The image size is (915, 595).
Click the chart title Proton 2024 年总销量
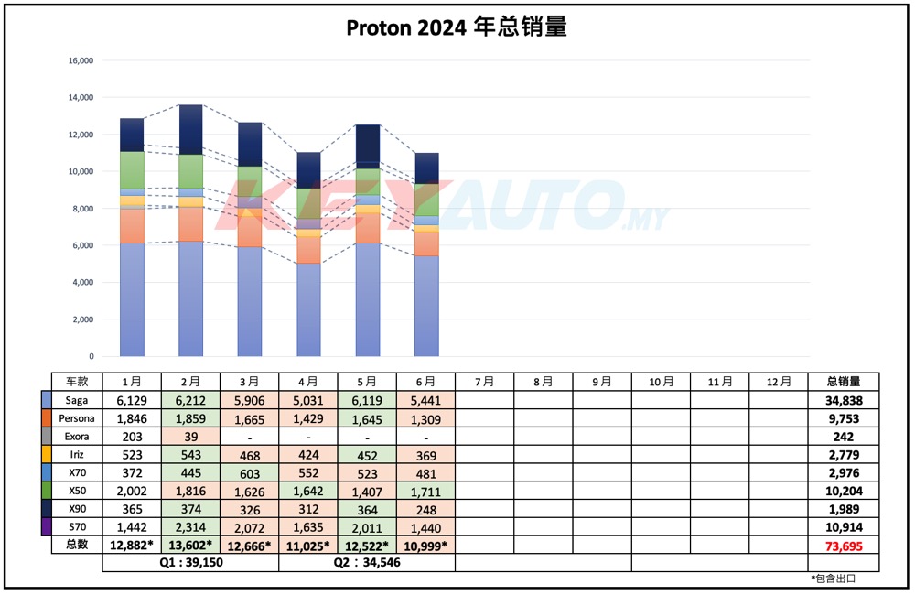coord(457,27)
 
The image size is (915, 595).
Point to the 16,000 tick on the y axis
coord(81,60)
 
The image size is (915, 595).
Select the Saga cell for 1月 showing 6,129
coord(131,400)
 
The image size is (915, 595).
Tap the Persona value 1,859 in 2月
coord(190,418)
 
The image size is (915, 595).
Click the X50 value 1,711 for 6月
coord(425,490)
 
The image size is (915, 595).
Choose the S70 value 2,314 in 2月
coord(190,526)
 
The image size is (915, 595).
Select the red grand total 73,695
coord(843,546)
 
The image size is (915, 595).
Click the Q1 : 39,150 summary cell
coord(190,563)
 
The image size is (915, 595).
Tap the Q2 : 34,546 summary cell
coord(367,563)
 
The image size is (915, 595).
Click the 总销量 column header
coord(843,382)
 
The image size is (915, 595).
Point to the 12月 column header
coord(778,382)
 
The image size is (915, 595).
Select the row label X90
coord(77,508)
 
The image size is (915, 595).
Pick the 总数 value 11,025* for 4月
coord(308,546)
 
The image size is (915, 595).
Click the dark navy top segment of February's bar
coord(191,129)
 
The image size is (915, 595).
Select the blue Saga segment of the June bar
coord(426,306)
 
